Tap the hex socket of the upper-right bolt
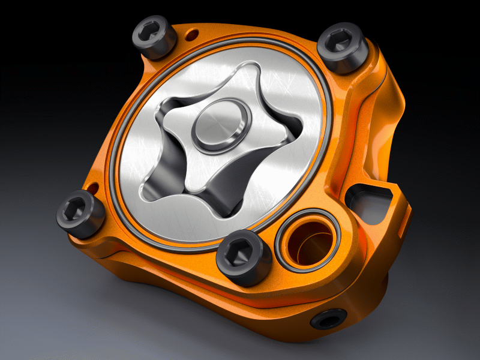coord(343,43)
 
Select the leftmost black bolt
coord(80,212)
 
